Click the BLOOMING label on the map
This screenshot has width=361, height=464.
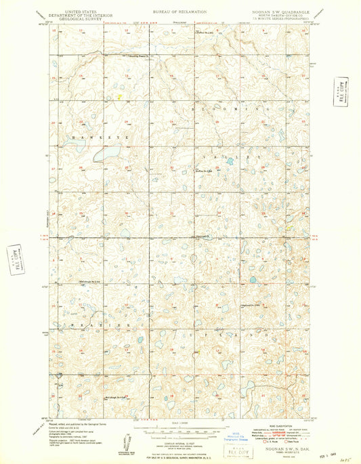(234, 108)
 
